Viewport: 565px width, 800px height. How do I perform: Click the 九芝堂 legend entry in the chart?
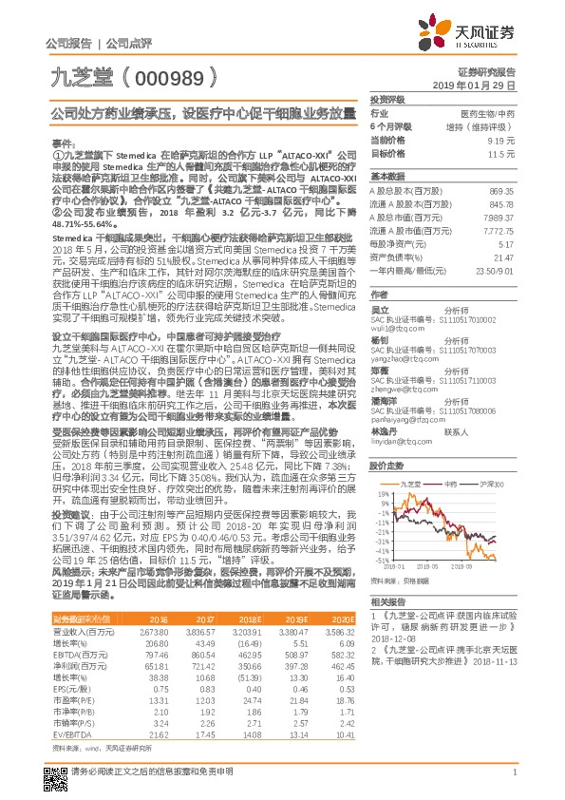tap(412, 485)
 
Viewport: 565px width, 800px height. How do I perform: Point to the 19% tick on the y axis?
tap(381, 494)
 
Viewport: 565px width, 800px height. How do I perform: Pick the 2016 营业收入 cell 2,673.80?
tap(153, 631)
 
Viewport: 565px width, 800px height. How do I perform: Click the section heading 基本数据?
tap(386, 177)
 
